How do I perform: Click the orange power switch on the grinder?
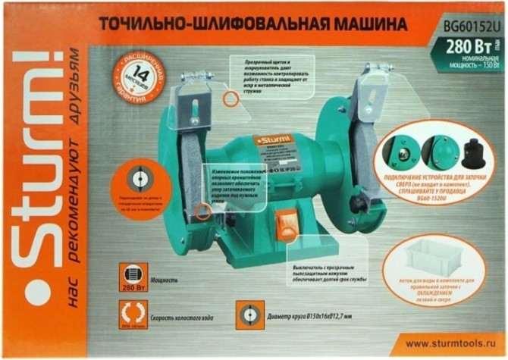click(x=287, y=225)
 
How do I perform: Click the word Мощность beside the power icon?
click(x=165, y=280)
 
